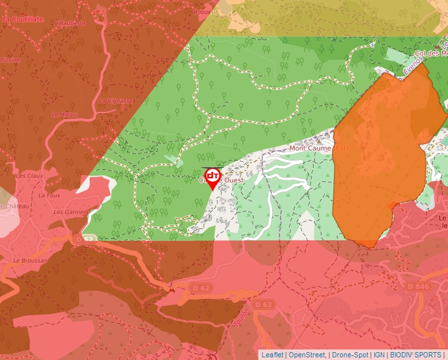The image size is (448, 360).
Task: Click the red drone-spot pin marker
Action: coord(213,177)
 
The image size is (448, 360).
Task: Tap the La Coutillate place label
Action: coord(22,20)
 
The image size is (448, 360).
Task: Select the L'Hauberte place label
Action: coord(70,23)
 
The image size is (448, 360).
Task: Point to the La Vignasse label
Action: coord(115,101)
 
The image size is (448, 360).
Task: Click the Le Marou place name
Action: coord(65,115)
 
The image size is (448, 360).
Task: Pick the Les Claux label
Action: coord(29,176)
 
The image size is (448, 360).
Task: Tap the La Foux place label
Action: coord(49,195)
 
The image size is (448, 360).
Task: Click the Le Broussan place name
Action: coord(30,261)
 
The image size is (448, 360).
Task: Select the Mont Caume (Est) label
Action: coord(319,149)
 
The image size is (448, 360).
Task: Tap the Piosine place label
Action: coord(9,59)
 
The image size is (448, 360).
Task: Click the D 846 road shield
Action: coord(418,286)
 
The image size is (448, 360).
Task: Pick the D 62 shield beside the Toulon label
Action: coord(263,304)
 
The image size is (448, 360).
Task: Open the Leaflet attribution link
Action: coord(273,355)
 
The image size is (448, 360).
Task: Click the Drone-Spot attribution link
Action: coord(350,355)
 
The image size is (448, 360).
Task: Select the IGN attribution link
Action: coord(379,355)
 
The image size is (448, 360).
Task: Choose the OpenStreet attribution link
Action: coord(307,355)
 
